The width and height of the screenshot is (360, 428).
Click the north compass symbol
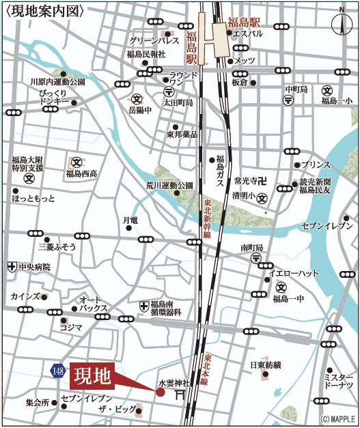pos(342,23)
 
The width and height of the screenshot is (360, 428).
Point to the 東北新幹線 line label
pos(206,218)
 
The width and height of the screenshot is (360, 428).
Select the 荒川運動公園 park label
pos(170,185)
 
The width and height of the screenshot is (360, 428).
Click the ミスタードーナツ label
pos(339,382)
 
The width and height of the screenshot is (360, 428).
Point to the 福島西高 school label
pos(81,173)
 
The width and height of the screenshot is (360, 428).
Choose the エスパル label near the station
pos(248,33)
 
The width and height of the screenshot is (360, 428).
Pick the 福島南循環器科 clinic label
pos(166,309)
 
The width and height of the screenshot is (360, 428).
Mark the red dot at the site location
pos(161,392)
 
